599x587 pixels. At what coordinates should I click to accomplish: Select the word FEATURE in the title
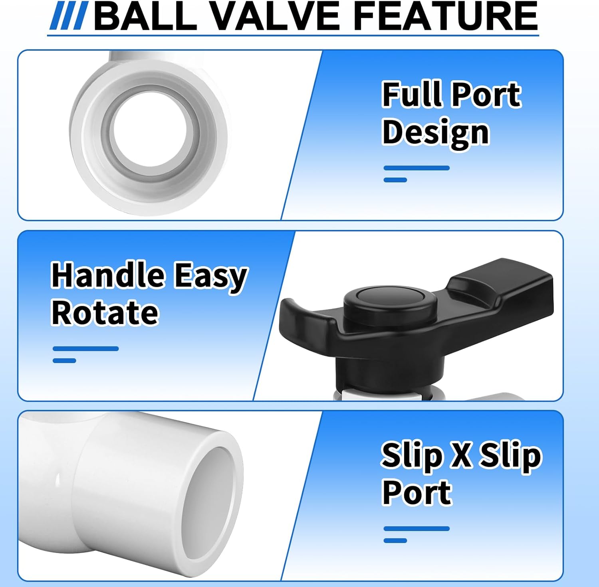445,17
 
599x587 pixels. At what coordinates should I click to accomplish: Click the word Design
435,133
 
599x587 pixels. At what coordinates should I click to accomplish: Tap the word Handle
108,275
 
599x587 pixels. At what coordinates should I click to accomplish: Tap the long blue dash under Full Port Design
417,168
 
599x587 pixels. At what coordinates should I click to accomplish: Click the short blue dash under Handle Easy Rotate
64,361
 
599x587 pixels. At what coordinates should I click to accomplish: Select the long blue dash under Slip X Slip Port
417,529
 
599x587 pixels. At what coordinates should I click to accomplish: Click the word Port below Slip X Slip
417,492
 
